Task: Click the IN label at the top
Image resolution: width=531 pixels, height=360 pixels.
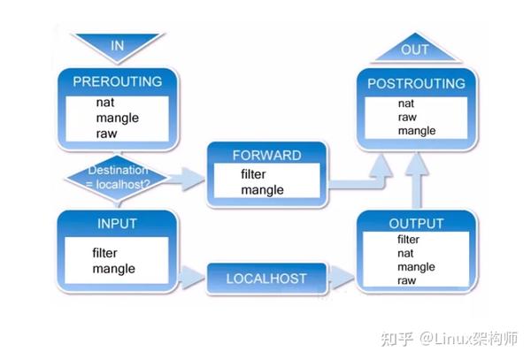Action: tap(118, 44)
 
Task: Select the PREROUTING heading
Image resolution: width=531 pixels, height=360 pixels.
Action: tap(118, 81)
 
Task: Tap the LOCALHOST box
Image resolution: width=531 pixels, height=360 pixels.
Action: tap(265, 279)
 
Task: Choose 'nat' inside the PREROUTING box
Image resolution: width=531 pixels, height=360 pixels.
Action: tap(105, 103)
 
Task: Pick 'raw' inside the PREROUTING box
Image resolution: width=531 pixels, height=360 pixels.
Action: tap(106, 134)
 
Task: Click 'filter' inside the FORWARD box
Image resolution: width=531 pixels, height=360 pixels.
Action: tap(253, 174)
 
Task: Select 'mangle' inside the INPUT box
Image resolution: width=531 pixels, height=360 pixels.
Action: tap(112, 268)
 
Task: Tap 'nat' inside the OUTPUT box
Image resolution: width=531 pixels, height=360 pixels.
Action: tap(405, 253)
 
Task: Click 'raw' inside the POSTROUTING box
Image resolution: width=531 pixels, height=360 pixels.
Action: tap(406, 117)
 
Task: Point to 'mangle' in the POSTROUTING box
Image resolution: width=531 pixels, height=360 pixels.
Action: tap(416, 131)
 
